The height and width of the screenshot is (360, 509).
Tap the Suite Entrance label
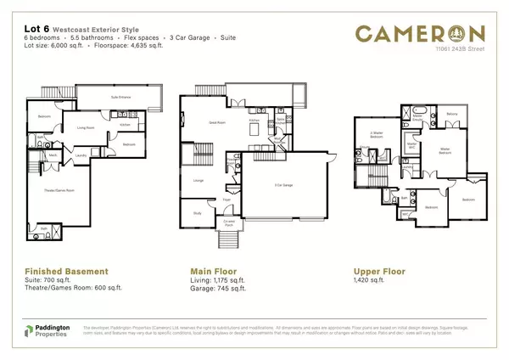tap(120, 98)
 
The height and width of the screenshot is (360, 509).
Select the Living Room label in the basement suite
tap(86, 128)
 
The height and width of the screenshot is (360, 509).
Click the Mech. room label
tap(53, 155)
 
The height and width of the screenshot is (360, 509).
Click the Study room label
tap(197, 213)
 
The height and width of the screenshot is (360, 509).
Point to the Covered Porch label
tap(229, 224)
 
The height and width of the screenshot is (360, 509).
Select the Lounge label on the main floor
tap(198, 180)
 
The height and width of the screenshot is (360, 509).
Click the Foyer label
tap(227, 200)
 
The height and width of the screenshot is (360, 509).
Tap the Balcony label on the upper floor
tap(451, 114)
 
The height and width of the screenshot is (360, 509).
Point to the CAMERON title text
tap(420, 34)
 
